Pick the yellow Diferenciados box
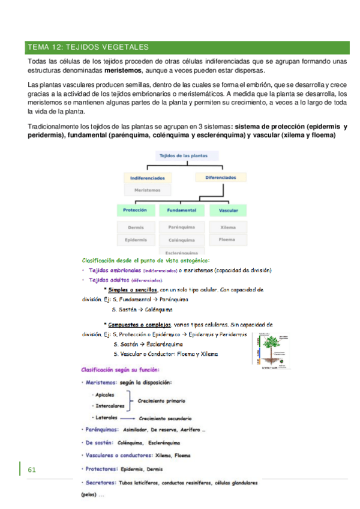point(220,178)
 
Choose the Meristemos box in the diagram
point(147,190)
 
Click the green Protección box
point(135,211)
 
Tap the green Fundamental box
point(182,211)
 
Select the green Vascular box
point(228,211)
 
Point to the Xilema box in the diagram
point(228,227)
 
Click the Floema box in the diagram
point(228,239)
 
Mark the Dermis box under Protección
point(136,227)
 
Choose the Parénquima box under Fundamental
point(182,227)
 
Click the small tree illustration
point(268,351)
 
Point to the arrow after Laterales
point(126,417)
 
